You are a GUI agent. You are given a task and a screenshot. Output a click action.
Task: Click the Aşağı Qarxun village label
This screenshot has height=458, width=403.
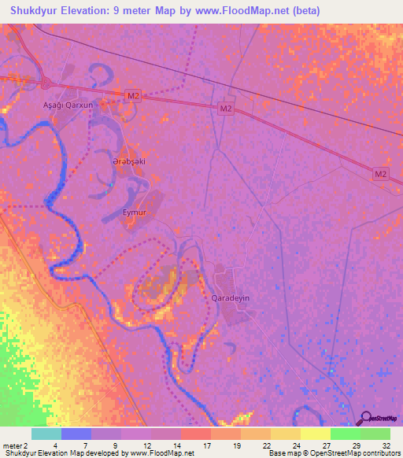pos(67,104)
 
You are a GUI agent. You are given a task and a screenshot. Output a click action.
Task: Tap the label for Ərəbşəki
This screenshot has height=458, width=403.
pos(129,161)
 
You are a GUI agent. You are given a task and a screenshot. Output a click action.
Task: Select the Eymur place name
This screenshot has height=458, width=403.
pos(135,212)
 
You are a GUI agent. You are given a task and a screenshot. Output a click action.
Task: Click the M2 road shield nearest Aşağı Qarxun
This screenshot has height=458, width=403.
pos(133,96)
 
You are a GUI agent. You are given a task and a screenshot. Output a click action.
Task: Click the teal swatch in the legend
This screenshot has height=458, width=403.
pos(46,434)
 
